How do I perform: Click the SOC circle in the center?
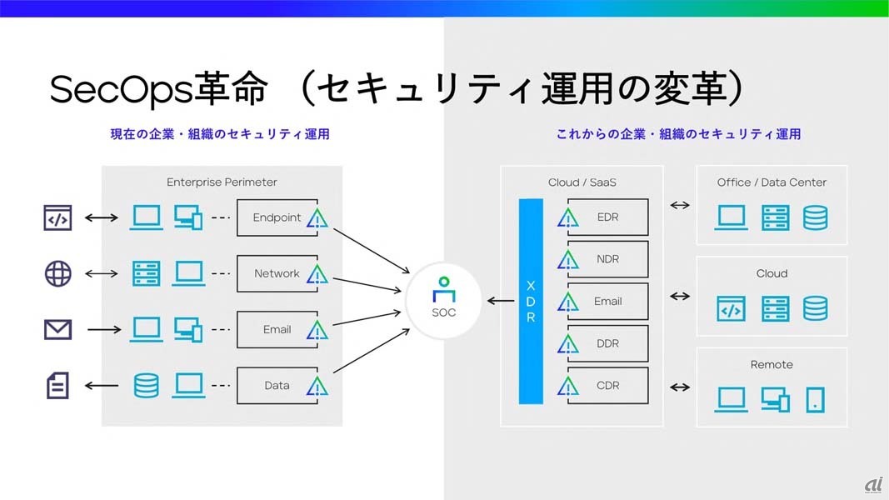tap(445, 302)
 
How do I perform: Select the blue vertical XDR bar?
tap(531, 301)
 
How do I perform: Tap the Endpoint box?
tap(277, 217)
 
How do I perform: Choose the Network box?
tap(277, 273)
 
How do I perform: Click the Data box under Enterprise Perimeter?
tap(277, 386)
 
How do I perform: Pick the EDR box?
tap(607, 217)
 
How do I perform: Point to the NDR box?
tap(607, 259)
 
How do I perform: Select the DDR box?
tap(607, 343)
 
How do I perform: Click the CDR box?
tap(607, 385)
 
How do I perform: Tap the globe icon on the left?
tap(57, 273)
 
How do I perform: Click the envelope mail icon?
tap(57, 329)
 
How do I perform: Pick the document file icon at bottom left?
tap(57, 385)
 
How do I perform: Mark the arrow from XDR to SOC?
tap(501, 301)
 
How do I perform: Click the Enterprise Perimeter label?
tap(222, 182)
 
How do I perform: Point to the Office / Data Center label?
tap(772, 182)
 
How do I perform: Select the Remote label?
tap(772, 364)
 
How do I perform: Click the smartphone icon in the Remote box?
tap(815, 400)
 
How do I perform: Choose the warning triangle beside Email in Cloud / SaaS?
tap(568, 302)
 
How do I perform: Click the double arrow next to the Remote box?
tap(680, 387)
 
